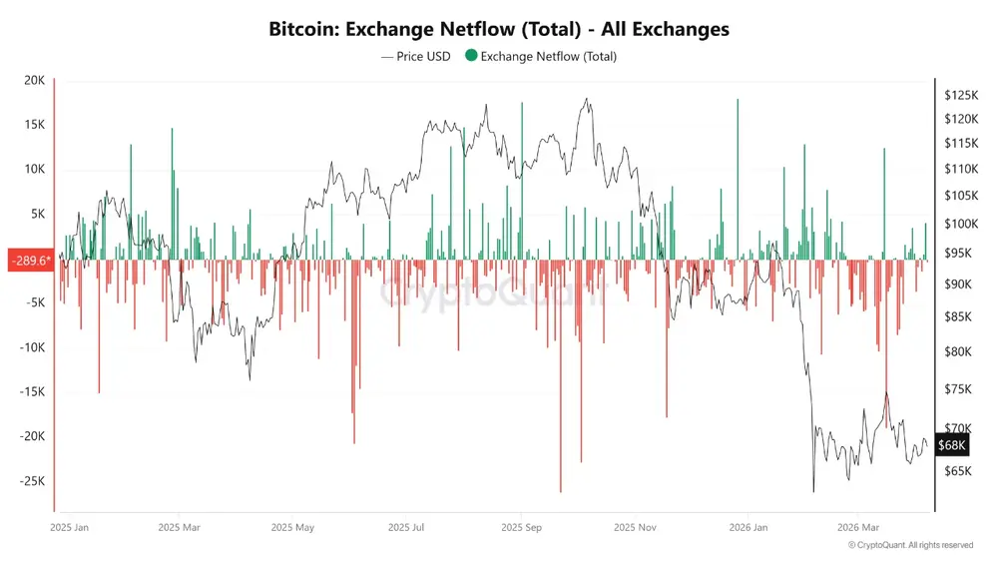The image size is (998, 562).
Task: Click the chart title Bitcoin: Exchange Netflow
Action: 499,29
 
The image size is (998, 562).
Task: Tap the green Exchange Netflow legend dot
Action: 471,57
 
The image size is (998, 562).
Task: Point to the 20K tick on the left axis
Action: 35,81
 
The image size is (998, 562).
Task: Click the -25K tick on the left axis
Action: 31,480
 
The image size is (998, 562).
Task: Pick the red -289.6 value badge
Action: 28,261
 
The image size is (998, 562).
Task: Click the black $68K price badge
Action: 952,445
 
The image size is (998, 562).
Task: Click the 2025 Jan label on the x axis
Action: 69,526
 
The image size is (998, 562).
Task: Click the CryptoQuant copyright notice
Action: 910,545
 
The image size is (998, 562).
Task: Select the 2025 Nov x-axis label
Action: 635,526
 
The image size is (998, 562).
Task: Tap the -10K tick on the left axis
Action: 31,347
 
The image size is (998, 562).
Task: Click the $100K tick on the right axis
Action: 961,224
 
